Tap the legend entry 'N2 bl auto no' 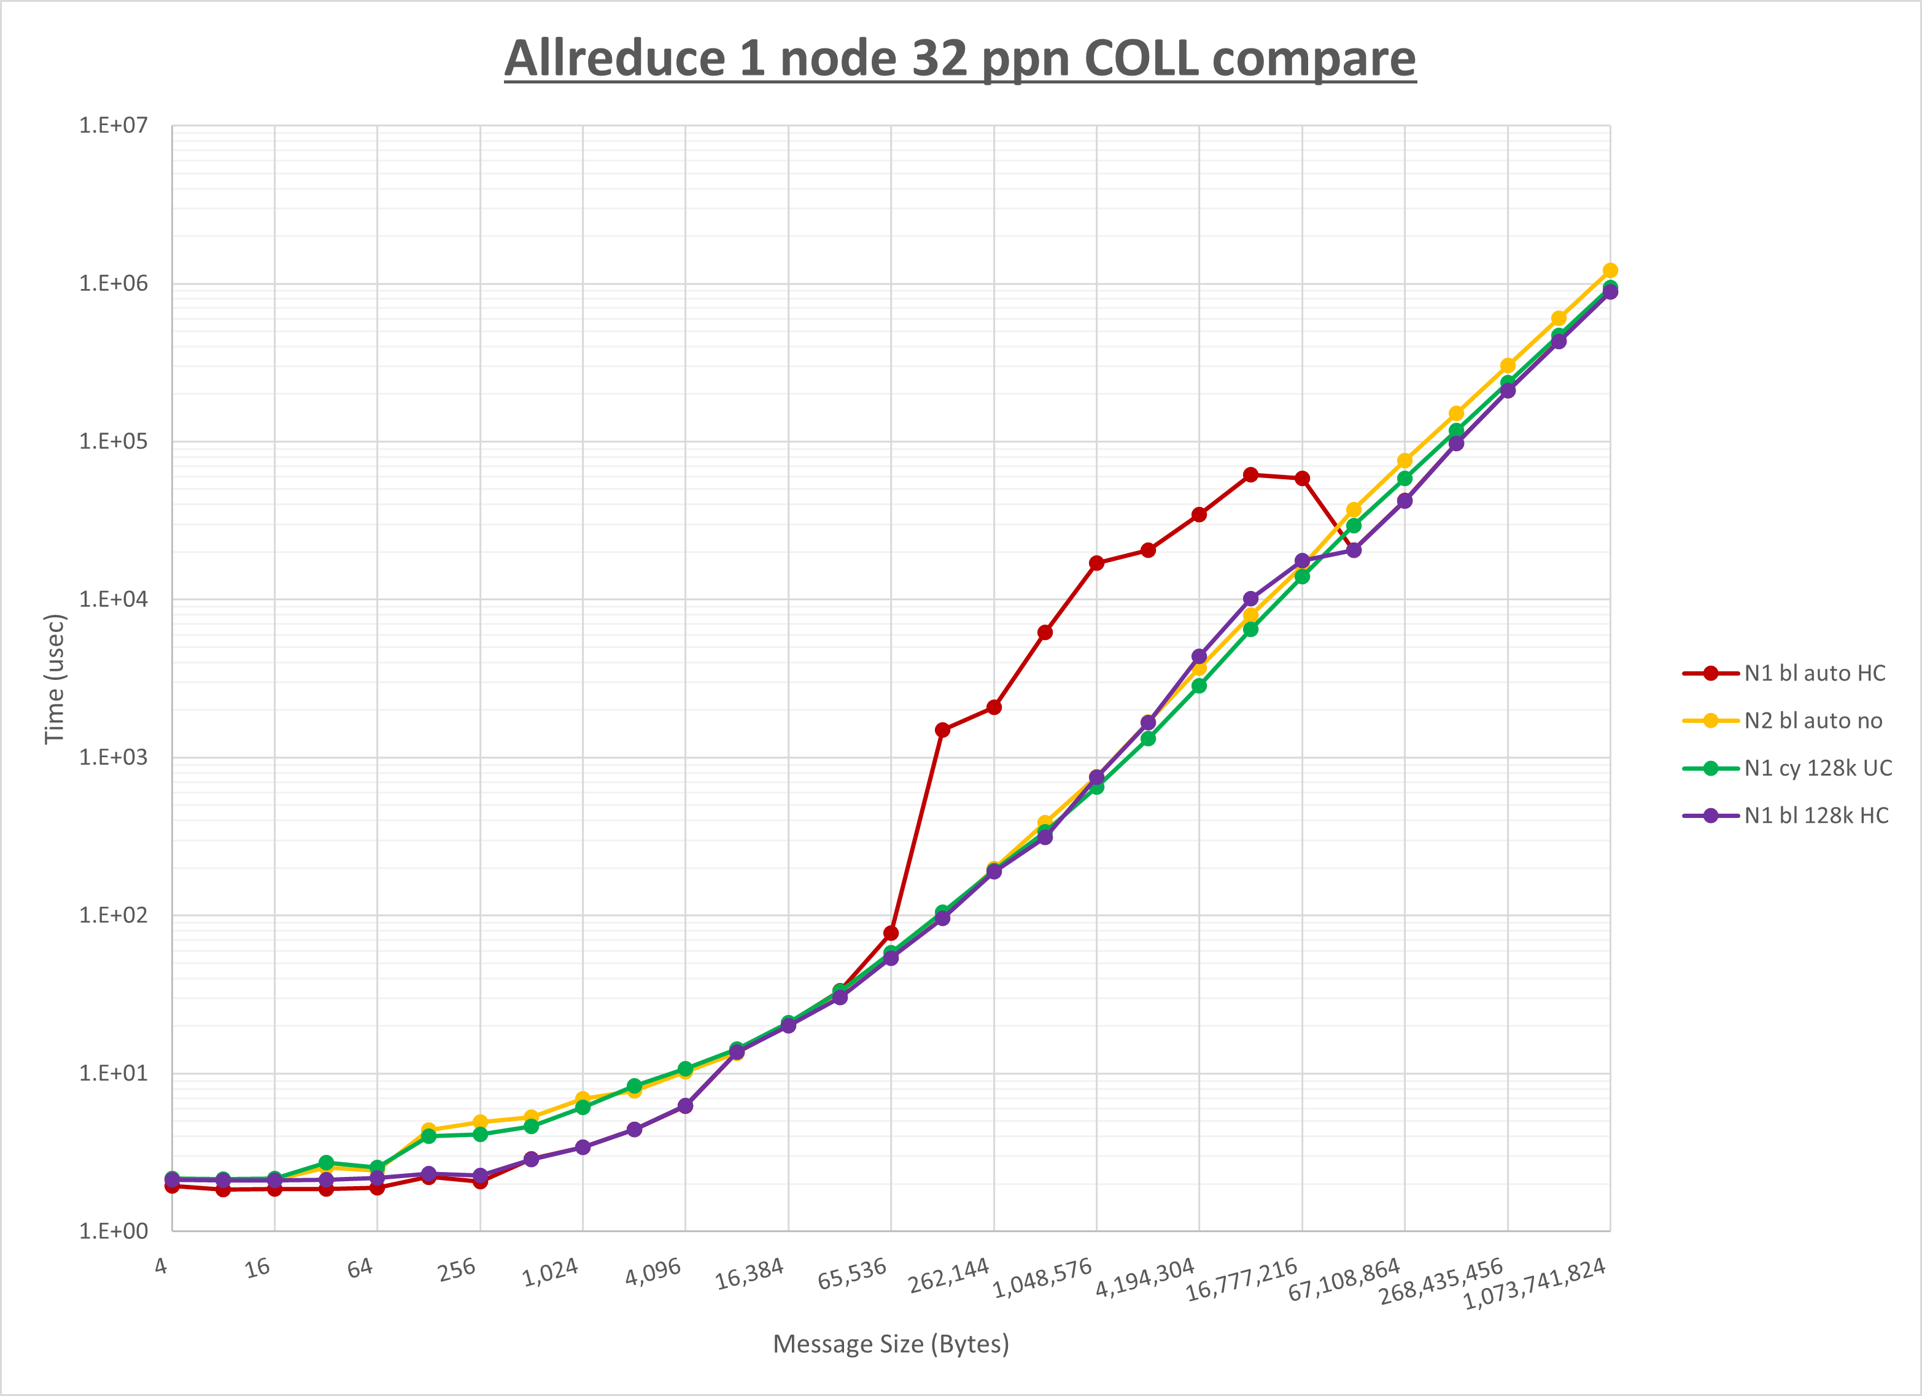1813,721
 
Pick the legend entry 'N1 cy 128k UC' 1818,768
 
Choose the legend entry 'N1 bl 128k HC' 1816,816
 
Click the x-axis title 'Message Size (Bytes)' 891,1344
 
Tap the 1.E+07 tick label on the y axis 113,125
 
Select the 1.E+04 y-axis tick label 113,600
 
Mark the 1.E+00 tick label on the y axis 113,1232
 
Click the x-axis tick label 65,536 851,1274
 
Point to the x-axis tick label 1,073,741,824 1534,1283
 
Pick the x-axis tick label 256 457,1270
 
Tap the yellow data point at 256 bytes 481,1122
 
